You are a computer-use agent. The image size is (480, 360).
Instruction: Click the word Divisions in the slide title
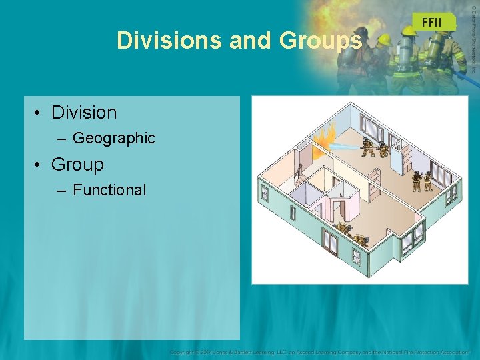tap(169, 41)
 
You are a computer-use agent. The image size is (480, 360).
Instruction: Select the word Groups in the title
tap(321, 41)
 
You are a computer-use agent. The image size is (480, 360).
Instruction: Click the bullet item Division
tap(84, 113)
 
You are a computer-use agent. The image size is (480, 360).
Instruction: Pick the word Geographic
tap(113, 138)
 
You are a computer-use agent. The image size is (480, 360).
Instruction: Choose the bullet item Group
tap(77, 164)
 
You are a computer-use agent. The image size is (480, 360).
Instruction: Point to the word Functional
tap(109, 190)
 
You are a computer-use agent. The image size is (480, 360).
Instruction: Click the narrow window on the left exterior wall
tap(265, 193)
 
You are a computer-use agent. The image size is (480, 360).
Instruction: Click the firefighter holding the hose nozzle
tap(367, 146)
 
